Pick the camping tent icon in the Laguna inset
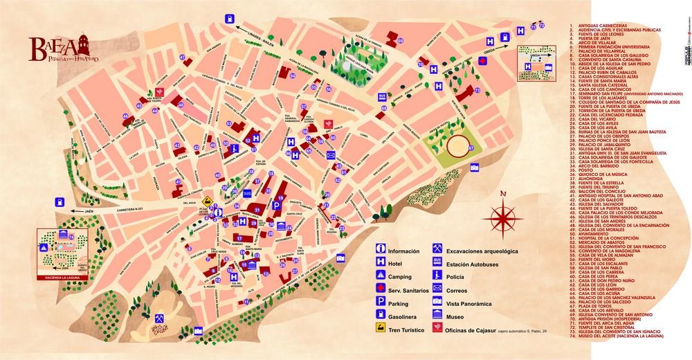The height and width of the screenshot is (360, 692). [x=44, y=246]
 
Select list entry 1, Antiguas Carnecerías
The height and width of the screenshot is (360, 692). [x=602, y=26]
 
